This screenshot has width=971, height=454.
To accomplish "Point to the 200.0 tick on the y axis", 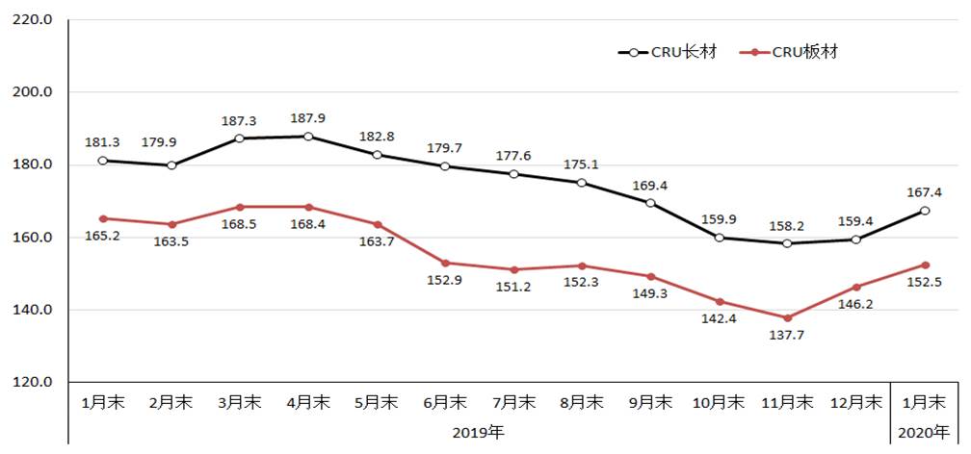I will [x=33, y=92].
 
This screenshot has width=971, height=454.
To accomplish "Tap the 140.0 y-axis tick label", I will [x=33, y=310].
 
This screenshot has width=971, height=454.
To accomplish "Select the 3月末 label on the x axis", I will [x=238, y=402].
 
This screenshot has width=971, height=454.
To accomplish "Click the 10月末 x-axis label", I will [x=719, y=402].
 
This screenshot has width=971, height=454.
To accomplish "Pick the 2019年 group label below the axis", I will [x=478, y=431].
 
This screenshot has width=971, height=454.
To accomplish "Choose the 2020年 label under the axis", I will [x=924, y=431].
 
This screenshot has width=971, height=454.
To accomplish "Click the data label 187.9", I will [x=307, y=118].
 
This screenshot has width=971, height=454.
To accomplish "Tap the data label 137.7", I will [x=787, y=337].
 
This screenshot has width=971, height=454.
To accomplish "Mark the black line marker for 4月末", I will [x=308, y=137].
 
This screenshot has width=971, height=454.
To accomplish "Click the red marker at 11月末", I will [x=787, y=317].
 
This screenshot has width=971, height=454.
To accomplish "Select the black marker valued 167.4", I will [x=924, y=211].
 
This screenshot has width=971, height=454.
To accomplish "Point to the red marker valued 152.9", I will [x=445, y=263].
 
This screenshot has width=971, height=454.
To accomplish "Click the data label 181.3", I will [x=102, y=142].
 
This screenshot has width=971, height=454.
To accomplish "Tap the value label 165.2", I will [x=102, y=236].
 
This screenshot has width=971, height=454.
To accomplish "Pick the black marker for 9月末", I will [x=650, y=203].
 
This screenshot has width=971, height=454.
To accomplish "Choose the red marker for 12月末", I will [x=855, y=287].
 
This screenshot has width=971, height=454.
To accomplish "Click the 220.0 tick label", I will [x=33, y=20].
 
